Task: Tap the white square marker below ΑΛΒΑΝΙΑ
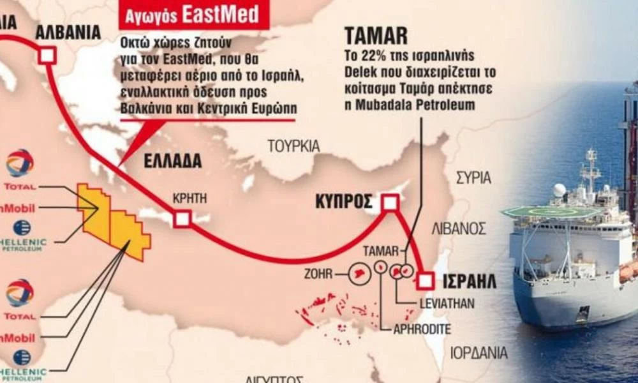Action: tap(47, 56)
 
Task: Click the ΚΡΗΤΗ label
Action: tap(189, 199)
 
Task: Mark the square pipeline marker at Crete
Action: tap(182, 220)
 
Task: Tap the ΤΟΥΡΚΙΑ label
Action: tap(293, 146)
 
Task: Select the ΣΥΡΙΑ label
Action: tap(473, 178)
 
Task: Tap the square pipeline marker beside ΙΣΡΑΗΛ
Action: tap(426, 280)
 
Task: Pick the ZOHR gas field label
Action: tap(319, 275)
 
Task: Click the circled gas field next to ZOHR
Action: tap(359, 274)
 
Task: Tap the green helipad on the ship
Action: tap(551, 211)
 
